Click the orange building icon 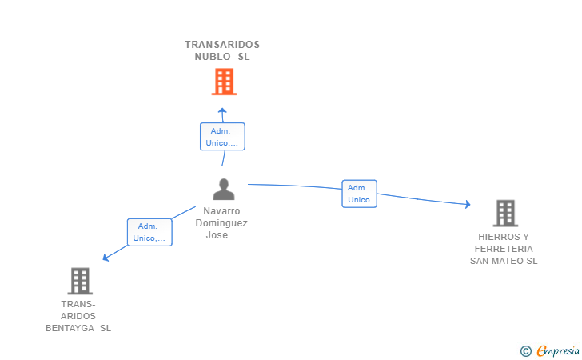(224, 82)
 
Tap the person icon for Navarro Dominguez (224, 189)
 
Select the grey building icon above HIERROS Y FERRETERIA (505, 214)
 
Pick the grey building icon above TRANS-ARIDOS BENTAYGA (80, 281)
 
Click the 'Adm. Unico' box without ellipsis (359, 194)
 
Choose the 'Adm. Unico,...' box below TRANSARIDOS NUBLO (222, 136)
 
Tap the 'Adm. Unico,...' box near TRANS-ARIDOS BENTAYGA (149, 232)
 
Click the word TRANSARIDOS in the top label (222, 45)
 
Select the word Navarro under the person (221, 211)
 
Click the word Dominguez (221, 223)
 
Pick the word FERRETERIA (504, 249)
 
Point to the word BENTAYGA (70, 328)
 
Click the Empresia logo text (558, 350)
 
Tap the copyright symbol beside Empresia (525, 351)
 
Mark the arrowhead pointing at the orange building (222, 110)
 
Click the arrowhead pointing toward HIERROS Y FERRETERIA (468, 204)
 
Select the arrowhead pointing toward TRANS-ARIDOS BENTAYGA (106, 257)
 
